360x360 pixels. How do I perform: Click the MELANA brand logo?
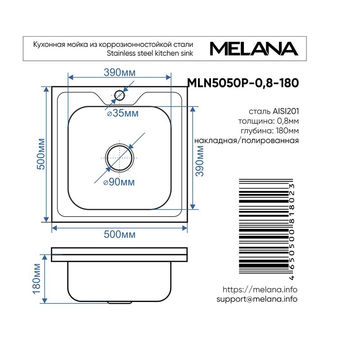click(x=254, y=49)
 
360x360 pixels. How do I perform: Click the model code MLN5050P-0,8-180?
click(x=243, y=83)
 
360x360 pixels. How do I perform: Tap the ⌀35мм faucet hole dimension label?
click(x=123, y=113)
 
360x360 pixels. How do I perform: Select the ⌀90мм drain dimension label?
click(x=119, y=182)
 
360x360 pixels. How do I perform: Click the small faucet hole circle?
click(x=119, y=91)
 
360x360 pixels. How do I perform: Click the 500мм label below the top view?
click(x=120, y=234)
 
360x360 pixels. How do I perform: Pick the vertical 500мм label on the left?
click(x=41, y=154)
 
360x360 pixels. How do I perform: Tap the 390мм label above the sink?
click(x=120, y=72)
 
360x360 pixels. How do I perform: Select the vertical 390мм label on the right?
click(x=199, y=161)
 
